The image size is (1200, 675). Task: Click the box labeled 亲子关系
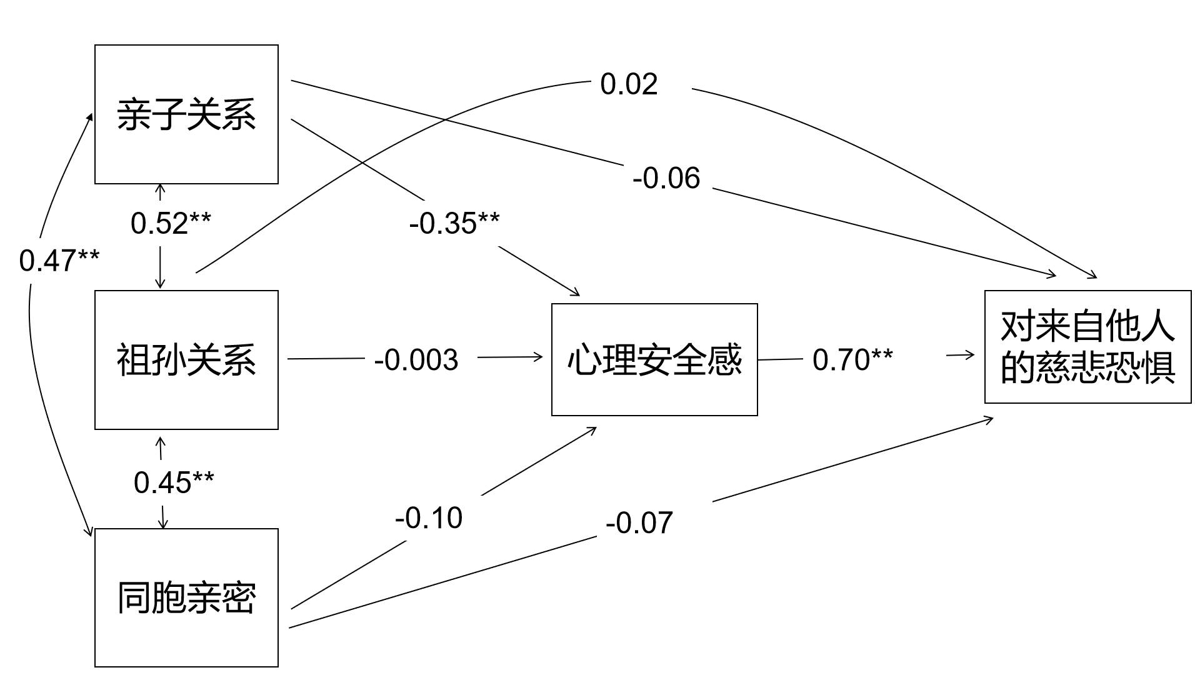186,114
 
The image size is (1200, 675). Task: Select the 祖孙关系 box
186,360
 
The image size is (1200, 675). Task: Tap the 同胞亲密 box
186,597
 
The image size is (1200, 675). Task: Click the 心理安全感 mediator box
654,360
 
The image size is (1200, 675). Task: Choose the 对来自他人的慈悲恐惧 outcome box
1087,347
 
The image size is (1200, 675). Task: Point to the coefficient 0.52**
171,223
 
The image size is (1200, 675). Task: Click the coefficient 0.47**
59,261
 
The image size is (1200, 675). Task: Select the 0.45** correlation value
174,482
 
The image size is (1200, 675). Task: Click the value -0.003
416,360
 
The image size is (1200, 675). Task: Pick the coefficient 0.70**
852,359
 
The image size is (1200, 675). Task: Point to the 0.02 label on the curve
629,84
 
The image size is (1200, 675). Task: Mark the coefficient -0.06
666,178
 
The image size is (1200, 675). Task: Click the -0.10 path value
429,517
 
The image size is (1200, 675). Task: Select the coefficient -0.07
639,522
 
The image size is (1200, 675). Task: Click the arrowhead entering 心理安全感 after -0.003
537,357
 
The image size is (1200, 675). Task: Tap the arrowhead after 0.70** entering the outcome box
969,355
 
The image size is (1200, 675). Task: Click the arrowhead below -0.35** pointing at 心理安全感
574,292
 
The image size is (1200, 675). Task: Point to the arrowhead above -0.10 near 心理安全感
591,430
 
